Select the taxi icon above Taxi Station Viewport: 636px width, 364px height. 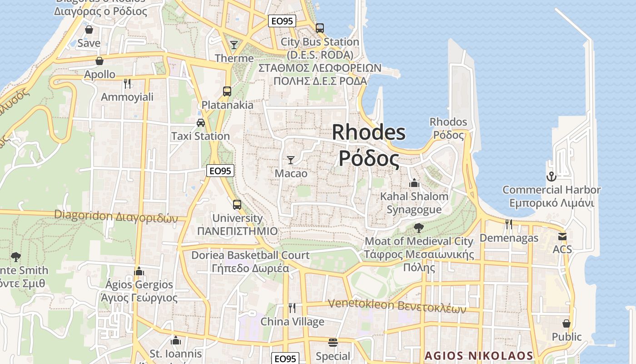(200, 122)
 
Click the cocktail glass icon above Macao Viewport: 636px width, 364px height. (291, 160)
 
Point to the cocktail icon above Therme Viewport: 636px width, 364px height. (234, 45)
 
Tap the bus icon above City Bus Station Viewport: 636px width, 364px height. (320, 28)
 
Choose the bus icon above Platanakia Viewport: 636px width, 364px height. (227, 91)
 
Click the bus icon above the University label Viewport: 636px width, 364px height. (237, 204)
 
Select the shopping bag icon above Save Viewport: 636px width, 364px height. (89, 30)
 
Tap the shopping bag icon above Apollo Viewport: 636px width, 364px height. (99, 61)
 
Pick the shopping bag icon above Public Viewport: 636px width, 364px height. (566, 323)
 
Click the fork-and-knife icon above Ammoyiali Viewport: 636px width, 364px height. (127, 83)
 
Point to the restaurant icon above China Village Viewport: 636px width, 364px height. (292, 308)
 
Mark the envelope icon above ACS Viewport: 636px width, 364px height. (562, 236)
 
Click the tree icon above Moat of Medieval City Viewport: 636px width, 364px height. (418, 227)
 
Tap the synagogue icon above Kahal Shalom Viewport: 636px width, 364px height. (414, 183)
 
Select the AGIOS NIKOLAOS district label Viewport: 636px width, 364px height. (479, 355)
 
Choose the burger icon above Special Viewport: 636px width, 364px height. (333, 342)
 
